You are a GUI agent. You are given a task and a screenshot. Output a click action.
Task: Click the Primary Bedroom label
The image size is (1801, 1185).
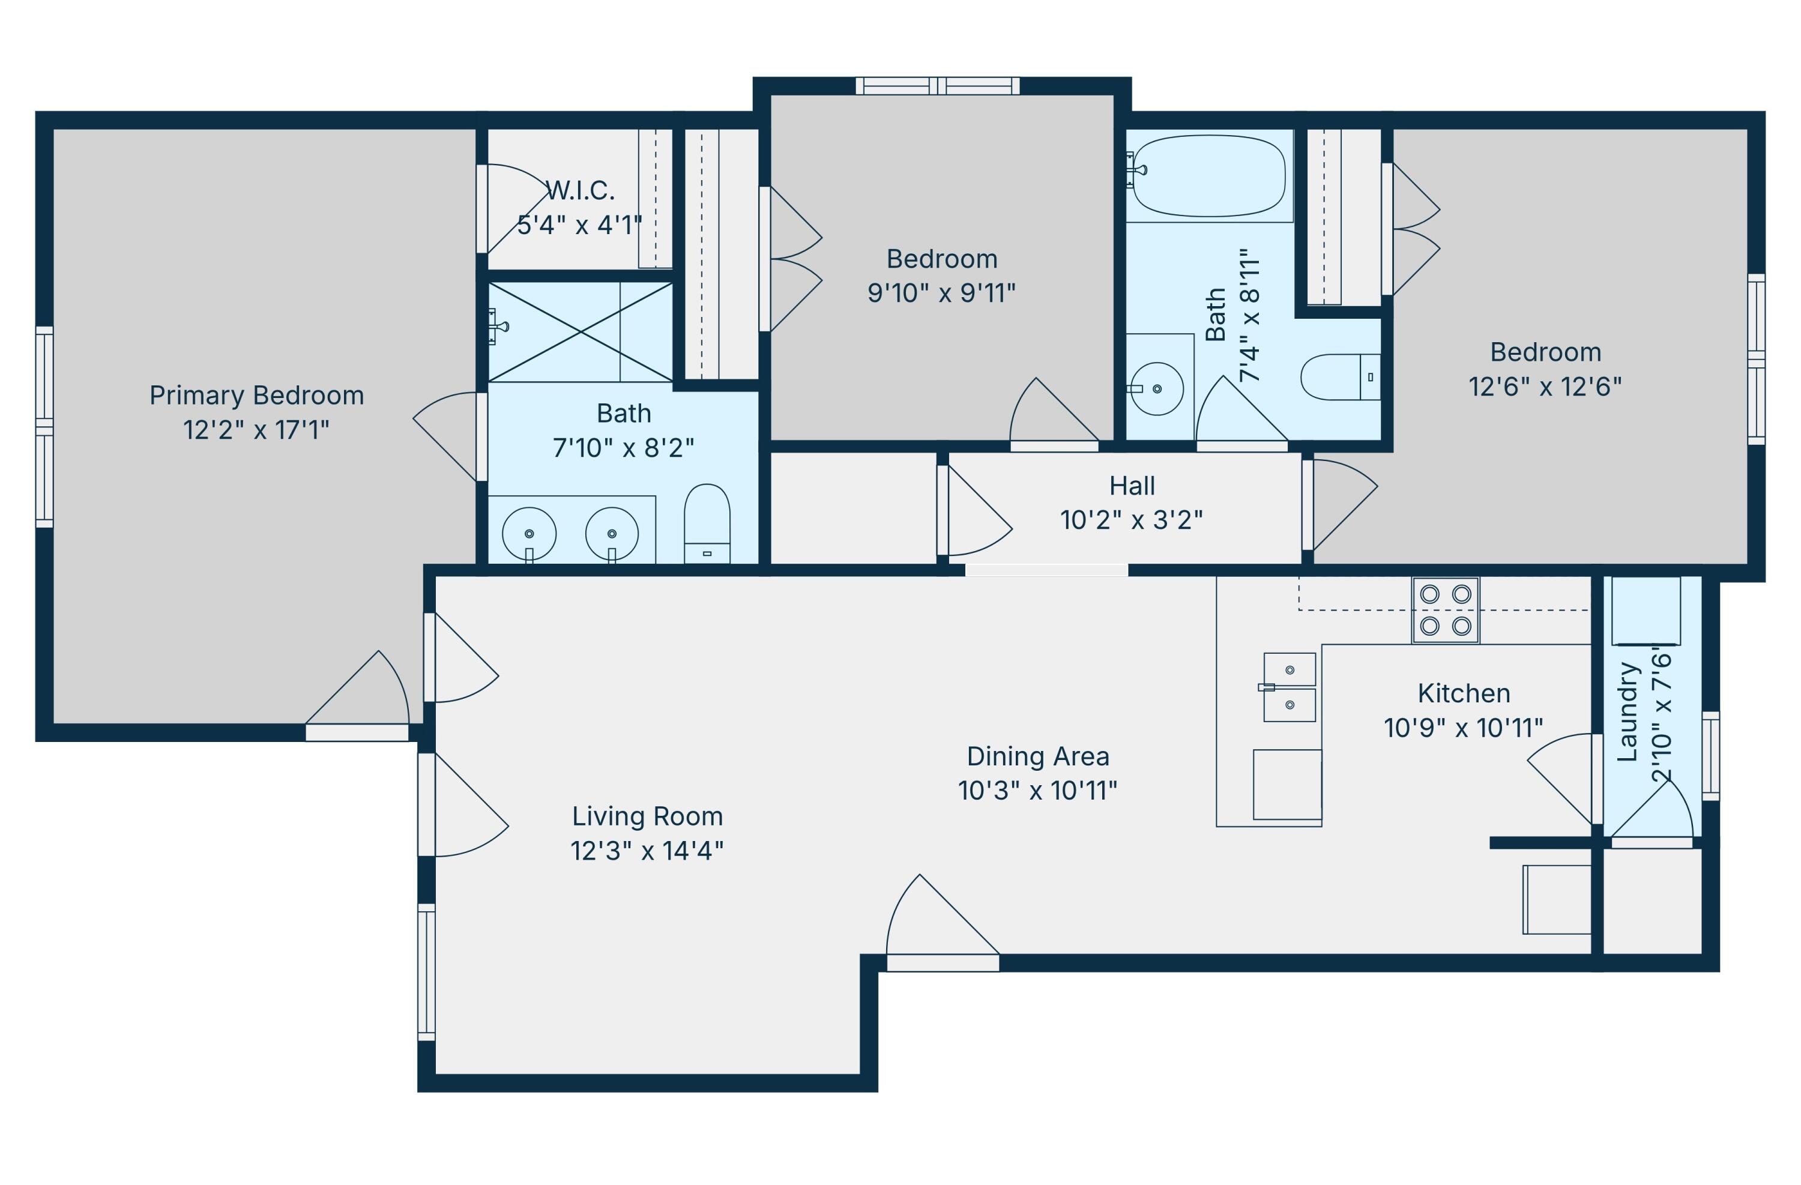click(256, 396)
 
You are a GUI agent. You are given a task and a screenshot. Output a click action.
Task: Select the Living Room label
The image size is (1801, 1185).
click(648, 816)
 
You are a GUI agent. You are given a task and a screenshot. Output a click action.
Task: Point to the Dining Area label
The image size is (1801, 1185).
click(1037, 757)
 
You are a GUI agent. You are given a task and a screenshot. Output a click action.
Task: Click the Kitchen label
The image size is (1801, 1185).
click(1464, 693)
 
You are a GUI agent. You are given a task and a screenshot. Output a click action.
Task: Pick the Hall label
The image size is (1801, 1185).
click(1132, 486)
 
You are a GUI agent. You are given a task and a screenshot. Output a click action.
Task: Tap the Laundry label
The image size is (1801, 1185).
click(1627, 712)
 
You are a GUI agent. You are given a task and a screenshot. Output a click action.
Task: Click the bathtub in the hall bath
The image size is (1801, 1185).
click(1208, 176)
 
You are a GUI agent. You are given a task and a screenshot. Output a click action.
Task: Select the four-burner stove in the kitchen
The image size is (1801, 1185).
click(1446, 610)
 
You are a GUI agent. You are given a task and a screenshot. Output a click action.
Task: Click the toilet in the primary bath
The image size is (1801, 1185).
click(707, 523)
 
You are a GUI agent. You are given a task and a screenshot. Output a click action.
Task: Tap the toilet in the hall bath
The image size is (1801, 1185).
click(1340, 377)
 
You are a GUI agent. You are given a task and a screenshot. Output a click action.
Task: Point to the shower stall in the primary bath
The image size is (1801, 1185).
click(581, 332)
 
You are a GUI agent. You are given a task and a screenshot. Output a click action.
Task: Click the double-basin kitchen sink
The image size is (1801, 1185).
click(1289, 687)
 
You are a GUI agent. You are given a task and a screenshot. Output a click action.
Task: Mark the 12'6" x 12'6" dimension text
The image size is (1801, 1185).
click(1545, 387)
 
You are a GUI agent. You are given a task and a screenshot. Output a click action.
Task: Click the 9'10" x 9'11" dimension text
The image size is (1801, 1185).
click(941, 294)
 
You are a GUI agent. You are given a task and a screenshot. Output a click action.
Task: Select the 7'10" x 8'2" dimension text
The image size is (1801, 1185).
click(624, 448)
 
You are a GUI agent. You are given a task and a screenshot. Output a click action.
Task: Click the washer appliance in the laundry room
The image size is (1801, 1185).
click(1646, 611)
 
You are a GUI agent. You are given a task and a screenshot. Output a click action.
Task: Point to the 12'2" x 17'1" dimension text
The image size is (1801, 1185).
click(256, 430)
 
